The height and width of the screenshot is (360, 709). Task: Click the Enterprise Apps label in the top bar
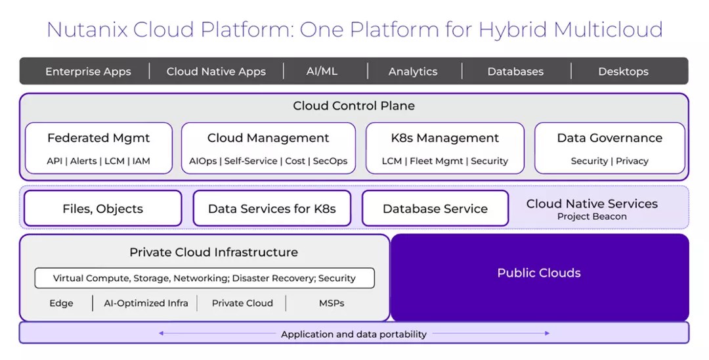click(88, 72)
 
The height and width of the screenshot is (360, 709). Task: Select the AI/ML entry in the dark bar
click(322, 71)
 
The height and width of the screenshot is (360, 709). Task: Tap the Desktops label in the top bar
click(623, 72)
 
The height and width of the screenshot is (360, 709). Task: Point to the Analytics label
click(412, 72)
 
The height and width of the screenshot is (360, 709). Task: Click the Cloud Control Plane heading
click(354, 106)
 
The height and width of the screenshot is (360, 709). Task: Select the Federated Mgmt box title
click(98, 138)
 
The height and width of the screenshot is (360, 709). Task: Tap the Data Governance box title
click(609, 138)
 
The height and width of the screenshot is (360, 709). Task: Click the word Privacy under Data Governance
click(632, 161)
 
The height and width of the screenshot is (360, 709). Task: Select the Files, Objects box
click(102, 209)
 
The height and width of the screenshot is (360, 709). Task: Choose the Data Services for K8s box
click(272, 209)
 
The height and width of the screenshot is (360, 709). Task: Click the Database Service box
click(435, 209)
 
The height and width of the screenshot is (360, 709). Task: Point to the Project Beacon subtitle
click(591, 217)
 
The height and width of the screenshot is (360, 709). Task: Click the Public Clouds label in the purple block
click(539, 273)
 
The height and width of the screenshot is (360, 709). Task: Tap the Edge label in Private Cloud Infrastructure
click(61, 303)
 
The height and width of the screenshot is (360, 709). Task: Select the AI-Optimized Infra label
click(146, 303)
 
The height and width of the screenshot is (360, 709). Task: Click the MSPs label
click(332, 303)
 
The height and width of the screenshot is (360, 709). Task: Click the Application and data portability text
click(354, 334)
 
